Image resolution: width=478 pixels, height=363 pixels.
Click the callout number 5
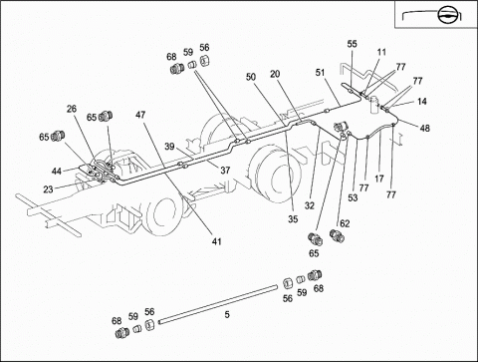tap(227, 314)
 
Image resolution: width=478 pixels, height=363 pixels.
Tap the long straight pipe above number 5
tap(218, 303)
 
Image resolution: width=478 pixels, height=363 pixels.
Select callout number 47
tap(140, 115)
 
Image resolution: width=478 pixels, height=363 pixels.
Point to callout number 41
tap(216, 241)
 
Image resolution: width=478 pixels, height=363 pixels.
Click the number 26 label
tap(72, 109)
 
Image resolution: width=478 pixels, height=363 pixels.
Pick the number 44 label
tap(57, 171)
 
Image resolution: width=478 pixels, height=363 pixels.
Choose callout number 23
tap(48, 189)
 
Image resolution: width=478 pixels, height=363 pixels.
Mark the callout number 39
tap(169, 147)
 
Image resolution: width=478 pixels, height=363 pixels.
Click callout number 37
tap(225, 171)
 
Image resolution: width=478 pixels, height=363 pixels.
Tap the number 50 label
tap(251, 77)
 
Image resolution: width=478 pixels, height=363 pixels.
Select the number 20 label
tap(275, 74)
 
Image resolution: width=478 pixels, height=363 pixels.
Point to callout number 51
tap(320, 73)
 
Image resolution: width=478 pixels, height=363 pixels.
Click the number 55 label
tap(353, 44)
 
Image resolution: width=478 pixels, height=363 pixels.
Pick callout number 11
tap(381, 52)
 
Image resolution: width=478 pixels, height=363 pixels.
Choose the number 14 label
tap(422, 102)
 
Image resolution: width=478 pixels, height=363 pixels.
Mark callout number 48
tap(425, 128)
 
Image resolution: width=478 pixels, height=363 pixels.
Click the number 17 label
tap(379, 179)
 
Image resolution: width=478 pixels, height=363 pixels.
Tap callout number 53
tap(353, 197)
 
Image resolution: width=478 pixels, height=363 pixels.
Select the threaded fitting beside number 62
tap(338, 235)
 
